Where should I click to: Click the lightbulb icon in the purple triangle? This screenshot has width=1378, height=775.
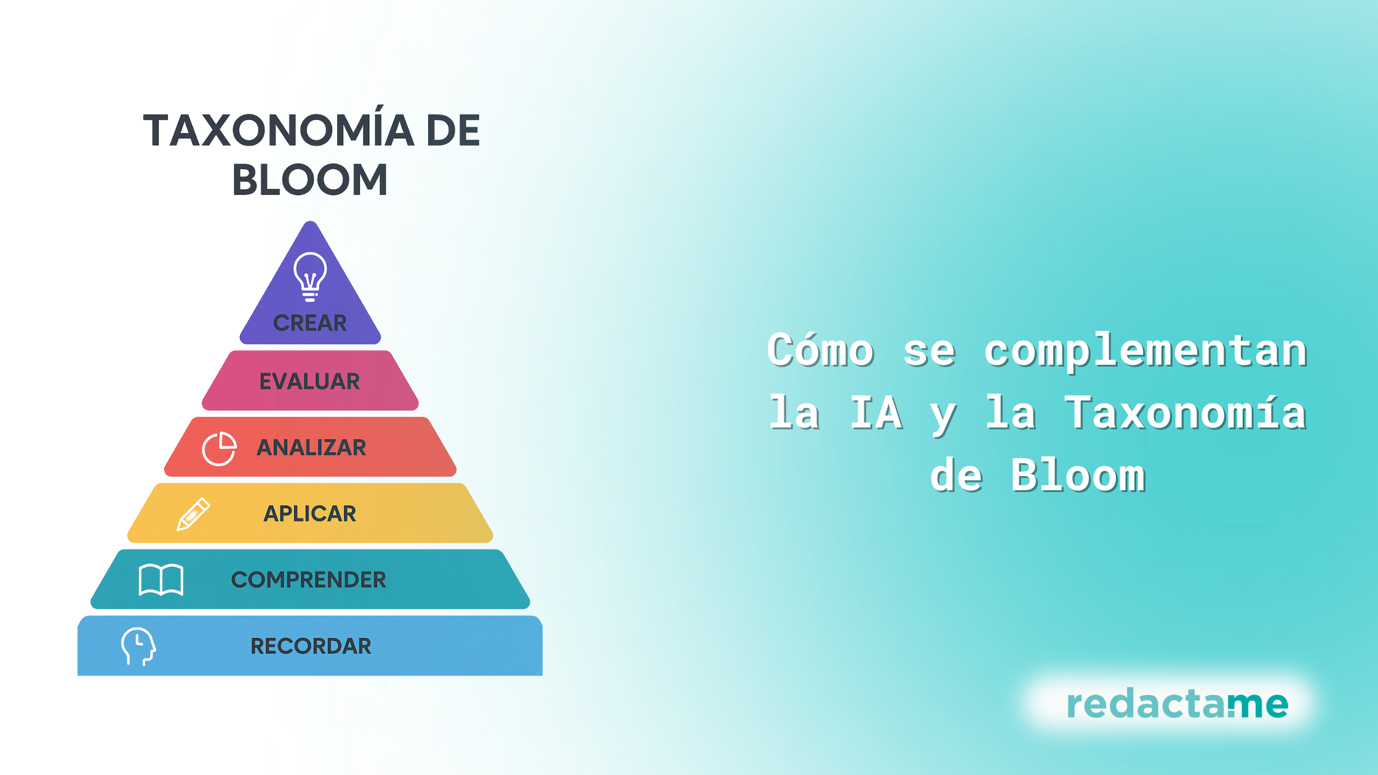(310, 277)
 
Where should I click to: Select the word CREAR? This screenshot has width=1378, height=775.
(310, 323)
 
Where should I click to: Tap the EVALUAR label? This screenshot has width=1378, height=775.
(309, 381)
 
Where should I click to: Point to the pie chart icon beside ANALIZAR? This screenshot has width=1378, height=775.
(219, 448)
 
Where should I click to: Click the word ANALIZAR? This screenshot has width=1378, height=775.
(311, 447)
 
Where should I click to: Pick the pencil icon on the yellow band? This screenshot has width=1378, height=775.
(193, 514)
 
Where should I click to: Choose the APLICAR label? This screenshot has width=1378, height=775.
(310, 514)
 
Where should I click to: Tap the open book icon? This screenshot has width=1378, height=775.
(161, 579)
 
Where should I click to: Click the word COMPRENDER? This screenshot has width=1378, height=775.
(309, 579)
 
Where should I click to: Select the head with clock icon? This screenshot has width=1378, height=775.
(138, 646)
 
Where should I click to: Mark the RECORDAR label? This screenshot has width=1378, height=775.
(311, 646)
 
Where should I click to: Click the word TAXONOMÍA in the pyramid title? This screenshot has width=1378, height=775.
(279, 130)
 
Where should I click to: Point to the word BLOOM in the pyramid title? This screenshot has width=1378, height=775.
(309, 180)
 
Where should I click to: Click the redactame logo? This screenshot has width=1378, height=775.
(1177, 704)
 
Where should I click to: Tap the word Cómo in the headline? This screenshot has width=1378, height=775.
(821, 350)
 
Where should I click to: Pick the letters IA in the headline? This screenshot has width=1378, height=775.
(876, 413)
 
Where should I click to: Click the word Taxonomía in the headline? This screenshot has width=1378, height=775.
(1185, 412)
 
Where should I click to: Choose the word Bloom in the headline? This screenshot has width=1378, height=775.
(1078, 475)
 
